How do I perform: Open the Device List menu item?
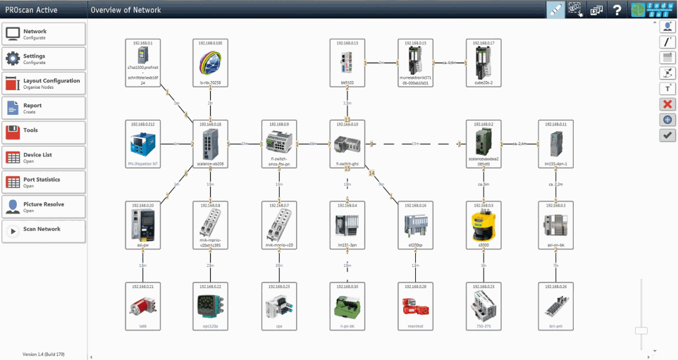point(44,157)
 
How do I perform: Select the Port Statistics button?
point(44,182)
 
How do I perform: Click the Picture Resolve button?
point(44,206)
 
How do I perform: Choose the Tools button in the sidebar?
point(44,132)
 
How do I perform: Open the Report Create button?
point(44,108)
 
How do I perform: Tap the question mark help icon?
point(617,10)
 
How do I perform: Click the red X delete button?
point(667,104)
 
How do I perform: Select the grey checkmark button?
point(667,135)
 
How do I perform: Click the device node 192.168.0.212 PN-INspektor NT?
point(142,144)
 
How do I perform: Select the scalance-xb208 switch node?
point(211,144)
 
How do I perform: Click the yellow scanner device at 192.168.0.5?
point(484,225)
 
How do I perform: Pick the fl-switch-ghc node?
point(347,144)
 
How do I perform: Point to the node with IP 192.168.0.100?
point(211,63)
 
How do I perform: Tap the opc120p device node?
point(211,306)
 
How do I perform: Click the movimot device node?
point(416,306)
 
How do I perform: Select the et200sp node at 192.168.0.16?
point(416,225)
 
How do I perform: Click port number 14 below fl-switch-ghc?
point(371,173)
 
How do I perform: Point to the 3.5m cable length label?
point(347,103)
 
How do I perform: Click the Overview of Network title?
point(125,10)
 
